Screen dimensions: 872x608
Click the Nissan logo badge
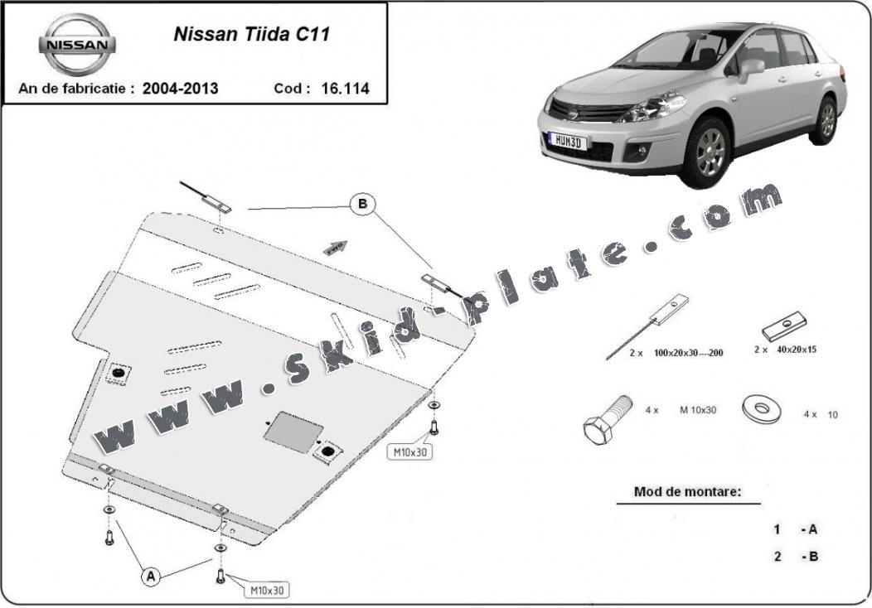77,45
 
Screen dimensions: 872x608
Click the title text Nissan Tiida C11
252,34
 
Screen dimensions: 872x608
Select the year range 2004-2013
180,89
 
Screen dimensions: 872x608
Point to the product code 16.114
345,89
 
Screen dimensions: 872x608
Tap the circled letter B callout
362,204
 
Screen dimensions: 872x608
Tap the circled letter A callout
151,577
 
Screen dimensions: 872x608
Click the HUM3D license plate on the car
567,141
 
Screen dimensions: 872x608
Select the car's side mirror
751,69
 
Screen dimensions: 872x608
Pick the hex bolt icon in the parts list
608,419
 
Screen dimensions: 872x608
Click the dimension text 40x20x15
797,350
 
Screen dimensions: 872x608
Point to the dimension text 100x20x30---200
689,352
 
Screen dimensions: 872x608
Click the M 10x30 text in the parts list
698,409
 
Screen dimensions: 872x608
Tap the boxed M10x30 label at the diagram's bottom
267,591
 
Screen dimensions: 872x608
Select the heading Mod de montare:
687,491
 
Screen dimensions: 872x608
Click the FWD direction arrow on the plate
336,248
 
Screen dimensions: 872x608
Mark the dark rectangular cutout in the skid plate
293,432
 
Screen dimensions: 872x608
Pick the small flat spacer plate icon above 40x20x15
785,326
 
